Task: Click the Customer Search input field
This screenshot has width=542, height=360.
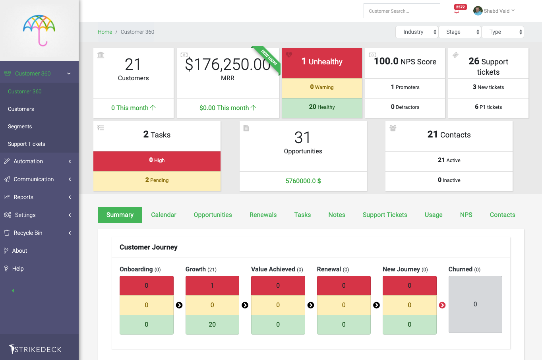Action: point(402,11)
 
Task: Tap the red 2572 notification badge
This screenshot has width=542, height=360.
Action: point(460,7)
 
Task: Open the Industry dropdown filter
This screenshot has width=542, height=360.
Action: point(417,32)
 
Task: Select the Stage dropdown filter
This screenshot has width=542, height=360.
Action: point(459,32)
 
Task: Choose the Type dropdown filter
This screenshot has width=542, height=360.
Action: point(503,32)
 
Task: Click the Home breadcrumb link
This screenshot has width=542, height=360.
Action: point(105,32)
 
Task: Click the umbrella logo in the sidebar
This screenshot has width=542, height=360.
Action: point(39,30)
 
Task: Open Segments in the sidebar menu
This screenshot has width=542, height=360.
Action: point(20,126)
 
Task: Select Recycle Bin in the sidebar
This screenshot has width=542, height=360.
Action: point(28,233)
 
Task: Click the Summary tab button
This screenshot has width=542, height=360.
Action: point(120,215)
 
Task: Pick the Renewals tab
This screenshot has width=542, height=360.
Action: point(263,215)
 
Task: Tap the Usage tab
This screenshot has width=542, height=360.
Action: point(434,215)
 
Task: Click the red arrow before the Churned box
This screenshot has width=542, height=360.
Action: point(442,305)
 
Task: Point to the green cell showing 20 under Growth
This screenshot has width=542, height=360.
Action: point(212,324)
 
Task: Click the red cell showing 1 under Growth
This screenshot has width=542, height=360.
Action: point(212,285)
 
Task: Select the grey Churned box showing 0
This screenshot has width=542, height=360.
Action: point(475,304)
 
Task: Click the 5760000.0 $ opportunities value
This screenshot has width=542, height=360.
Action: point(303,181)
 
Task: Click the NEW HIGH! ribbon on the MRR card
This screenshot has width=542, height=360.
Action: point(267,58)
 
